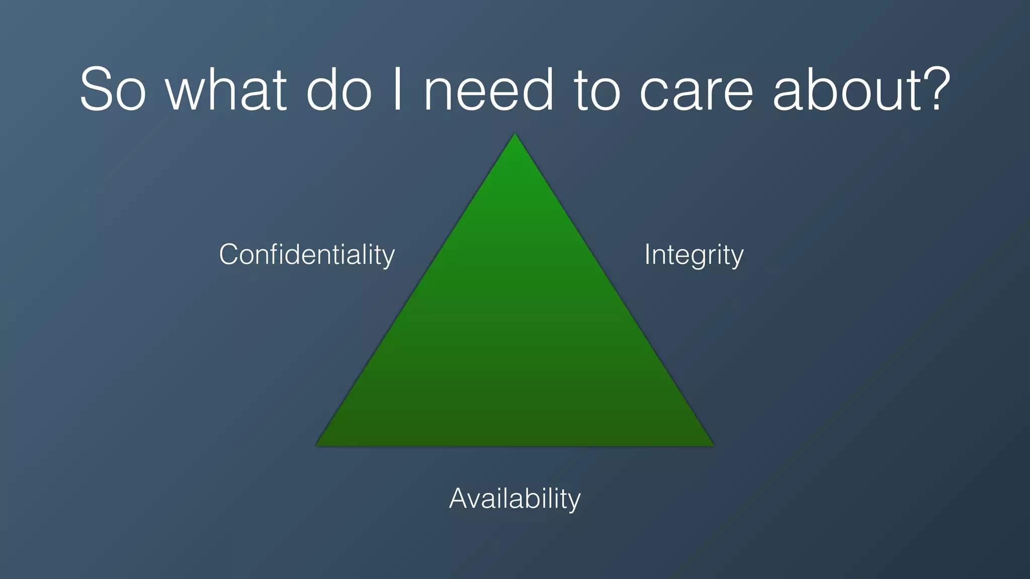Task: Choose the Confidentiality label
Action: click(x=307, y=254)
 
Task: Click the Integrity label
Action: click(x=694, y=254)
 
